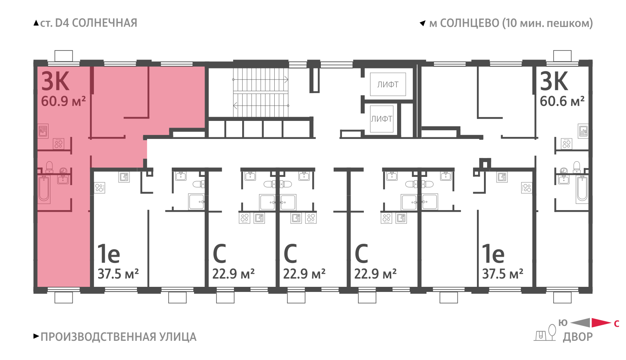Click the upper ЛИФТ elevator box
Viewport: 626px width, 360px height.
[x=388, y=85]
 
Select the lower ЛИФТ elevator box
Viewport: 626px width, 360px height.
[x=381, y=119]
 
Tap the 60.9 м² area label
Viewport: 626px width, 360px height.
[x=63, y=101]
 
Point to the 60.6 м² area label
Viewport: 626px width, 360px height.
[x=562, y=101]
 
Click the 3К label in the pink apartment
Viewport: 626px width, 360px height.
[x=55, y=81]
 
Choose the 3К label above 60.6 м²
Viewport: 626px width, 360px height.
[x=554, y=81]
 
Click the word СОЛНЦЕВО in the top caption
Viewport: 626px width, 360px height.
[x=469, y=23]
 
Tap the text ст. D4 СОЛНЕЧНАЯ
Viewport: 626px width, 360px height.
[x=88, y=23]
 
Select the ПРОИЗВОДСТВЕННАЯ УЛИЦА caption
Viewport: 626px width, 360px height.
[x=119, y=337]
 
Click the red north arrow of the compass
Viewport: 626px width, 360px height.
[x=601, y=322]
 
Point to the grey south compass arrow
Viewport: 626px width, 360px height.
[x=581, y=322]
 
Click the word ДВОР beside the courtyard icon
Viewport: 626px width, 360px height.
[x=577, y=337]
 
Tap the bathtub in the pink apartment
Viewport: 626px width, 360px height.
[x=44, y=189]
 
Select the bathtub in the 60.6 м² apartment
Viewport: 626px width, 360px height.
[x=582, y=189]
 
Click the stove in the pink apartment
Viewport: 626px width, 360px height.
[x=58, y=144]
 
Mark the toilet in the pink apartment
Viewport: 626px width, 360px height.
[x=49, y=167]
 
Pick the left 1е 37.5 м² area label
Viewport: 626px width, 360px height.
[x=118, y=274]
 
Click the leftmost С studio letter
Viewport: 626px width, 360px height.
[x=219, y=254]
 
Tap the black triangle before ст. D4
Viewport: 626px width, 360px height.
[x=36, y=23]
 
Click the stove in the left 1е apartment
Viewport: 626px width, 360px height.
[x=100, y=188]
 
